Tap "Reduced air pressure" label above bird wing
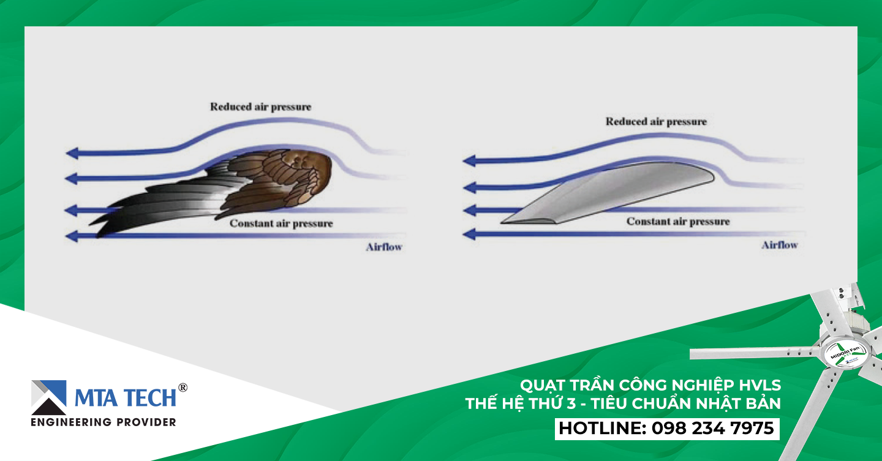tap(261, 107)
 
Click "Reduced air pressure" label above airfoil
tap(656, 122)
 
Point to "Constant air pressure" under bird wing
tap(281, 223)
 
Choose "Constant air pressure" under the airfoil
tap(678, 222)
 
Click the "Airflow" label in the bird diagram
tap(384, 247)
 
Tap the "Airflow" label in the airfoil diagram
tap(780, 245)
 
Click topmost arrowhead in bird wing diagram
tap(72, 153)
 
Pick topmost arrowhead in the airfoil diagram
tap(469, 160)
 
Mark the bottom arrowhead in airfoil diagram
tap(469, 234)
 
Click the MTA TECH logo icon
tap(49, 397)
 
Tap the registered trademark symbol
tap(183, 388)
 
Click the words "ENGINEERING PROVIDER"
tap(104, 422)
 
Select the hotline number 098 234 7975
tap(713, 429)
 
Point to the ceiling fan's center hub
tap(845, 353)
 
